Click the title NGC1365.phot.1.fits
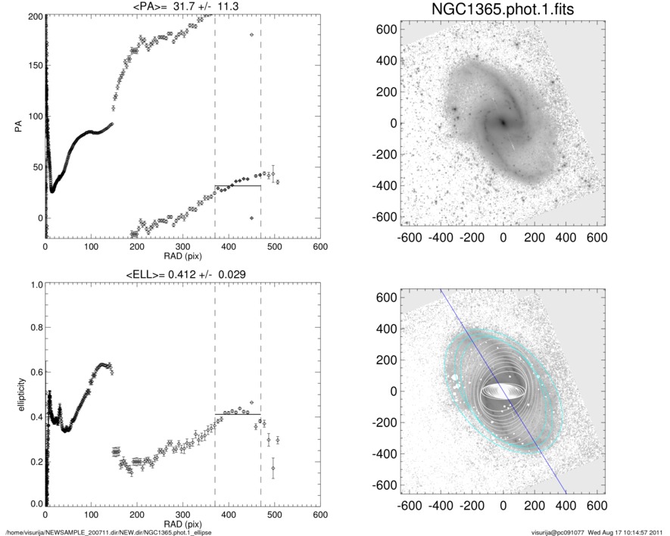pos(503,10)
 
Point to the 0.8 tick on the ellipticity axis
pos(32,328)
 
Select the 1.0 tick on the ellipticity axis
pos(32,285)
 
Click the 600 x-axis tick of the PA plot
pos(319,247)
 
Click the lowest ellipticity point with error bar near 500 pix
pos(273,469)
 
